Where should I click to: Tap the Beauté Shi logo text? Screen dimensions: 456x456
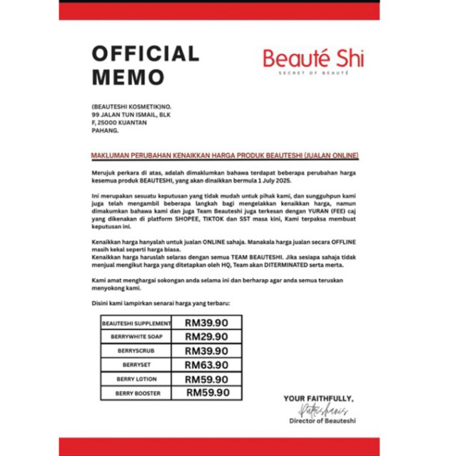[x=313, y=58]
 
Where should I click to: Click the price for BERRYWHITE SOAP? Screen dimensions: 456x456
[x=206, y=337]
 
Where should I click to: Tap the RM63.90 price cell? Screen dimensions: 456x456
[x=206, y=365]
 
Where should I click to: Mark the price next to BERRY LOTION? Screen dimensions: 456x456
[x=206, y=379]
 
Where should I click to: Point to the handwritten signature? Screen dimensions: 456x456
[x=318, y=410]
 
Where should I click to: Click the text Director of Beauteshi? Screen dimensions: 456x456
[x=322, y=422]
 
